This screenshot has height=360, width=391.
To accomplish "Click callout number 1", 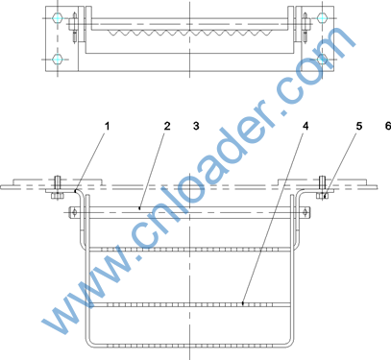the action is (x=108, y=126).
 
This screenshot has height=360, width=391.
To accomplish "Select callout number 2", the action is (x=167, y=126).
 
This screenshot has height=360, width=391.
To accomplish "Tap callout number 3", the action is (x=196, y=126).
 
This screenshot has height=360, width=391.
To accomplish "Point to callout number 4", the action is (x=305, y=126).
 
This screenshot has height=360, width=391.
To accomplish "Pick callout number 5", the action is (x=359, y=126).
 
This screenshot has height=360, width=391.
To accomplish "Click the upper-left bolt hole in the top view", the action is (x=58, y=18).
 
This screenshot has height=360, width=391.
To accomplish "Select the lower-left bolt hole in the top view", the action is (x=58, y=60).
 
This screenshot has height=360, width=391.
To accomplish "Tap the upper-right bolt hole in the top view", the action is (x=323, y=18).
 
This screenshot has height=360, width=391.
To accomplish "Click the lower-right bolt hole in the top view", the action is (x=323, y=60).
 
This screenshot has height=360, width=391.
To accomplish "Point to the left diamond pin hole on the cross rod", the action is (x=74, y=212).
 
